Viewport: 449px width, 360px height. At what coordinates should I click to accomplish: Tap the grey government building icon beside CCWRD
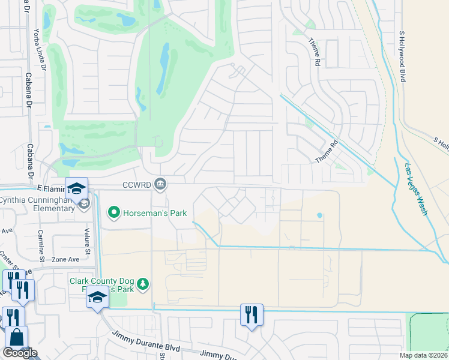click(160, 184)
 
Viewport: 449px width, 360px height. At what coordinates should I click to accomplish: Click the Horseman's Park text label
click(155, 213)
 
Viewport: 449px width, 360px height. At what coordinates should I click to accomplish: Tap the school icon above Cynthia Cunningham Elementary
click(77, 188)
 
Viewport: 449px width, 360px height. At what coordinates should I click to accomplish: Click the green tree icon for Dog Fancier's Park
click(143, 283)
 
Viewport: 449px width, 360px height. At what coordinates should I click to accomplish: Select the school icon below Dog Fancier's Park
click(97, 297)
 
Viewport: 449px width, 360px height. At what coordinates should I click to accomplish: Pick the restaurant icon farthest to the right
click(251, 314)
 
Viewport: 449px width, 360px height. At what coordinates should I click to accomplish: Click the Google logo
click(20, 353)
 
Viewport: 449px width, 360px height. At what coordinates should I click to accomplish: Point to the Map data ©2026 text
click(423, 355)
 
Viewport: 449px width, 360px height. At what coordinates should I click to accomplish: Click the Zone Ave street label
click(65, 259)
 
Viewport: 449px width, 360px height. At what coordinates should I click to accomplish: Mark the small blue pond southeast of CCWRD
click(319, 215)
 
